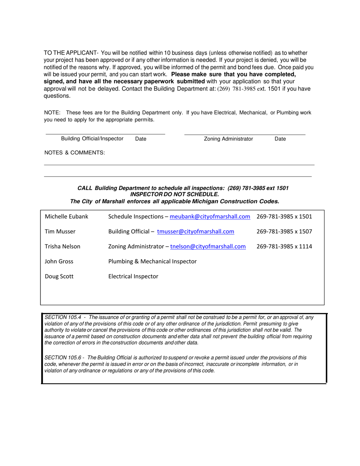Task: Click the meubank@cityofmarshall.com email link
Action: [x=210, y=217]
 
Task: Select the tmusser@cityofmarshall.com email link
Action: [x=195, y=231]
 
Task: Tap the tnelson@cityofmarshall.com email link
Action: [x=208, y=247]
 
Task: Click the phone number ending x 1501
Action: [x=284, y=217]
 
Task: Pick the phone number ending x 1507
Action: [x=284, y=231]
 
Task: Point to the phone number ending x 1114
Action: [x=284, y=247]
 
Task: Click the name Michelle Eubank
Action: [x=66, y=217]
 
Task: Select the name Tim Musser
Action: [x=60, y=231]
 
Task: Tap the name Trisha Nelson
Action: [x=63, y=247]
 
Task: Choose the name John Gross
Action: [x=59, y=261]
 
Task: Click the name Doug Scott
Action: [x=59, y=276]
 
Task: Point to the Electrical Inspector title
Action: [x=133, y=276]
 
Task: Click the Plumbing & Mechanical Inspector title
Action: [x=152, y=261]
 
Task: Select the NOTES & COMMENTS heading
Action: [x=75, y=153]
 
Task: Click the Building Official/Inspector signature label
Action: [x=92, y=139]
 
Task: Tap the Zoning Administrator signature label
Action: [x=228, y=139]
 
